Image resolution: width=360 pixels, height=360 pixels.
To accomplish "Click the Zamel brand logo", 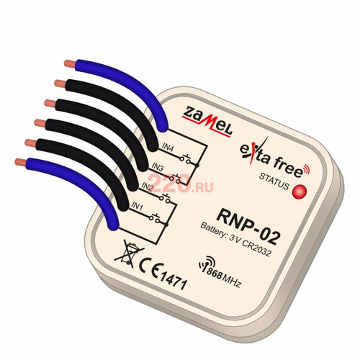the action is tap(207, 122).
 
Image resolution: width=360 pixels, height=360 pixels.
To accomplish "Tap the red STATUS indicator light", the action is tap(300, 192).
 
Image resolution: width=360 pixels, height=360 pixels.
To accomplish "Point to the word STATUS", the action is tap(274, 181).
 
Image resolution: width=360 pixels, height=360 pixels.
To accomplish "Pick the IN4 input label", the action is tap(168, 148).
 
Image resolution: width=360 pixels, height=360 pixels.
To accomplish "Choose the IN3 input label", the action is tap(158, 168).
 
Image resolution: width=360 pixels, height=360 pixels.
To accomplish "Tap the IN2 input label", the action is tap(148, 187).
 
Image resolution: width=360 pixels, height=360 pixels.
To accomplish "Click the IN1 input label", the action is tap(138, 207).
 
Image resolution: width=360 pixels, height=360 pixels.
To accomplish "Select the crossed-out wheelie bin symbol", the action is tap(129, 254).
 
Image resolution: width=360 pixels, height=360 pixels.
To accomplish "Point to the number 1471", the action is tap(174, 280).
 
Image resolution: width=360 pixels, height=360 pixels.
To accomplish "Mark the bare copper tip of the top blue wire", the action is tap(70, 64).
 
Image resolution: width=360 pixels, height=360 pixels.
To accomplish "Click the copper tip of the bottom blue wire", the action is tap(21, 162).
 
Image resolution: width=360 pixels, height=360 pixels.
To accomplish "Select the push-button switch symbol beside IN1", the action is tap(155, 217).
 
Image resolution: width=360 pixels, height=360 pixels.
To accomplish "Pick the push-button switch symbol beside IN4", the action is tap(186, 158).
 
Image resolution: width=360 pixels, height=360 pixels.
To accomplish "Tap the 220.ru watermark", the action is tap(181, 184).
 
